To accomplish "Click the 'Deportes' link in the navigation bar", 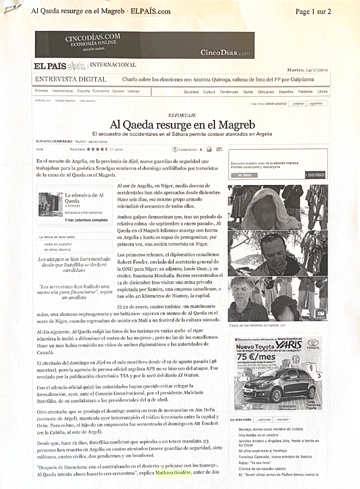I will pos(286,91).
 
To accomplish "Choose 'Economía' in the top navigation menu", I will pos(101,91).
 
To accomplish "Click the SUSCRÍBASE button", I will pos(316,175).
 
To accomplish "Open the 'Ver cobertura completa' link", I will pos(86,220).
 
